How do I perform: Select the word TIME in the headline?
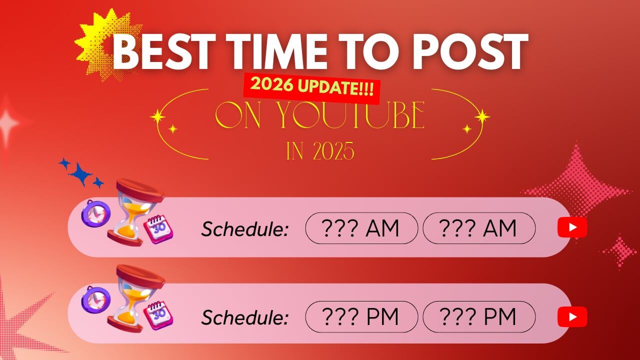pyautogui.click(x=277, y=51)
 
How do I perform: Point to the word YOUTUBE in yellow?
pyautogui.click(x=351, y=115)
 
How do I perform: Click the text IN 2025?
pyautogui.click(x=320, y=151)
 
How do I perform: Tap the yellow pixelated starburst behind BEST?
pyautogui.click(x=107, y=44)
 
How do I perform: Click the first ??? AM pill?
pyautogui.click(x=361, y=228)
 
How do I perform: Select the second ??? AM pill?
pyautogui.click(x=479, y=228)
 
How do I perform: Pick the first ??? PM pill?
pyautogui.click(x=361, y=316)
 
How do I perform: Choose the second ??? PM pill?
pyautogui.click(x=479, y=316)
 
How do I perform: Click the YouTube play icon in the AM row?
pyautogui.click(x=572, y=227)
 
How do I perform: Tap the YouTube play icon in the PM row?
pyautogui.click(x=572, y=316)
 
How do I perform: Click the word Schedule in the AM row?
pyautogui.click(x=244, y=229)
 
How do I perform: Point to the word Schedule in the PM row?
pyautogui.click(x=244, y=317)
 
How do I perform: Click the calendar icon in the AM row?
pyautogui.click(x=158, y=229)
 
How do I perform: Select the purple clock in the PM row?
pyautogui.click(x=95, y=299)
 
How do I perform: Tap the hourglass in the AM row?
pyautogui.click(x=135, y=212)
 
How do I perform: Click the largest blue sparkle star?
pyautogui.click(x=81, y=174)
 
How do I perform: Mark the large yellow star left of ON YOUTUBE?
pyautogui.click(x=157, y=116)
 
